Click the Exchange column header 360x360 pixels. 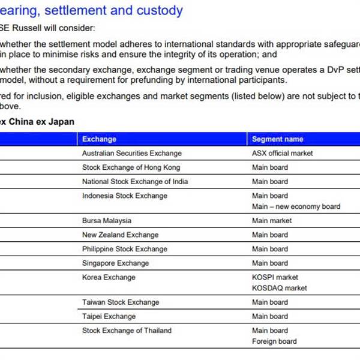point(99,139)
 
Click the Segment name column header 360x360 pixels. point(277,139)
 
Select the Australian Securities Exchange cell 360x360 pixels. point(131,154)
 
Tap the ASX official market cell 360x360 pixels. point(282,154)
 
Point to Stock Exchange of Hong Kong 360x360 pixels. point(131,167)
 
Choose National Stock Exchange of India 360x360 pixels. point(135,182)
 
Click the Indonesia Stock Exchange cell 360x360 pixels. point(125,196)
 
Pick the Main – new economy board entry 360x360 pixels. point(296,206)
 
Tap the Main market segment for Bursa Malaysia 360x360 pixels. point(272,221)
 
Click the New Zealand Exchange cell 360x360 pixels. point(120,235)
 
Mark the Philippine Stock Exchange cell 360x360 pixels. point(124,249)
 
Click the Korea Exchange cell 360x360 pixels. point(109,277)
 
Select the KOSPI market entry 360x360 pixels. point(275,277)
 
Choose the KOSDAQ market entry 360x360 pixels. point(279,288)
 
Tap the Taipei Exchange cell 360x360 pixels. point(109,316)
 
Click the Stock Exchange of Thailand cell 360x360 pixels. point(127,331)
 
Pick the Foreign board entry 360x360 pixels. point(274,341)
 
